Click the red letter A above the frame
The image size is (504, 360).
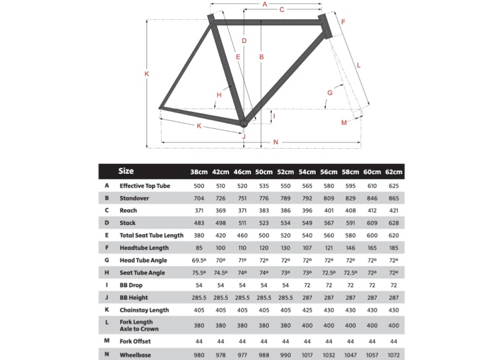coord(264,5)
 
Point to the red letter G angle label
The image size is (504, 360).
coord(329,93)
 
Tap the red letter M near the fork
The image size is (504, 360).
coord(344,123)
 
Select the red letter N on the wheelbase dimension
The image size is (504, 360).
coord(276,142)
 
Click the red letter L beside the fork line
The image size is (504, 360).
coord(358,65)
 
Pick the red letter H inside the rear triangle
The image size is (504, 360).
coord(219,95)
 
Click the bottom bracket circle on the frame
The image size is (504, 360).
coord(244,123)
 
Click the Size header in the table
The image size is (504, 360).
coord(126,171)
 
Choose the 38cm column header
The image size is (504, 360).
coord(199,173)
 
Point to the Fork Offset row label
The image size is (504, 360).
coord(135,341)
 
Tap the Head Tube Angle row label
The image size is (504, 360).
coord(143,260)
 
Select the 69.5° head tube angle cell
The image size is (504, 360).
coord(199,260)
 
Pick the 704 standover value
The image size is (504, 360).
coord(199,198)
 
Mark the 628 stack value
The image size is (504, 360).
coord(393,223)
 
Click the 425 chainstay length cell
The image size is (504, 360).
coord(307,310)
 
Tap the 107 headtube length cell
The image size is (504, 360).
coord(307,247)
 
